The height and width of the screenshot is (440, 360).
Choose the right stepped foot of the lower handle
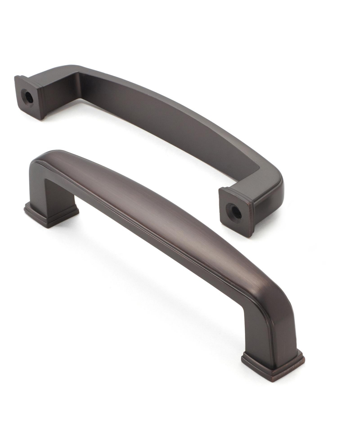click(x=273, y=363)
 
